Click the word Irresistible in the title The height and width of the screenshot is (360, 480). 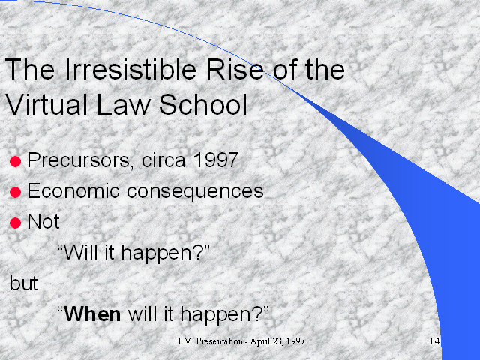130,69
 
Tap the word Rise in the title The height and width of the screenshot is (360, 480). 235,69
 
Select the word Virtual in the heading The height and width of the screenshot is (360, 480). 46,104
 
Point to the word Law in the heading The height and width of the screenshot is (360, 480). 123,104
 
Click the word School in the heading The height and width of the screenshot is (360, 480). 203,104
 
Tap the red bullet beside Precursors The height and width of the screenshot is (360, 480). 15,162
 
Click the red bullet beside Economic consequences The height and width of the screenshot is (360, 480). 15,193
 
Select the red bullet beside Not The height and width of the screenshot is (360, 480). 15,223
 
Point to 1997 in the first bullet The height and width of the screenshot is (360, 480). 216,160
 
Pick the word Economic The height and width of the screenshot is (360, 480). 73,191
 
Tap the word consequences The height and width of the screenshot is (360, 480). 195,192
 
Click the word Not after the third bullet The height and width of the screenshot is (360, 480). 43,221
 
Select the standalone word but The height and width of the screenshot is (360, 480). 23,283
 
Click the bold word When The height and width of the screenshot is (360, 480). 92,314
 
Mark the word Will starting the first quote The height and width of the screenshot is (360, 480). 81,252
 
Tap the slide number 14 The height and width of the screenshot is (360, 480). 435,340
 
